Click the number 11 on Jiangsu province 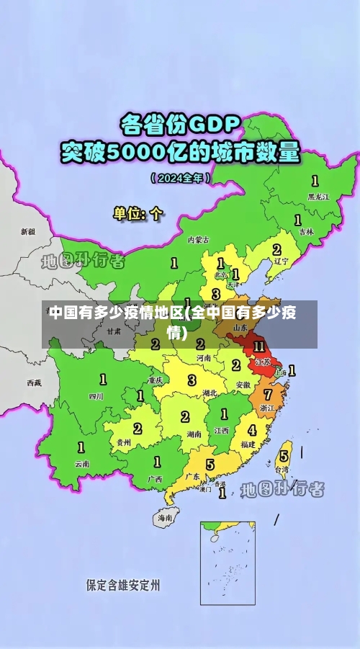(x=258, y=346)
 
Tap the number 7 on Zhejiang (x=268, y=394)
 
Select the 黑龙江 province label (x=318, y=196)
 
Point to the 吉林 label (x=307, y=232)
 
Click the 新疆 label (x=27, y=232)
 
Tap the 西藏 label (x=34, y=382)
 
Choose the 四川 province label (x=96, y=396)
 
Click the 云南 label (x=82, y=464)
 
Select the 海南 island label (x=165, y=517)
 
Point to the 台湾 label (x=283, y=470)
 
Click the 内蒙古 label (x=198, y=239)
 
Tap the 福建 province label (x=248, y=444)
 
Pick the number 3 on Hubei (x=192, y=380)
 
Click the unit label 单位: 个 (x=138, y=213)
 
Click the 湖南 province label (x=194, y=434)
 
